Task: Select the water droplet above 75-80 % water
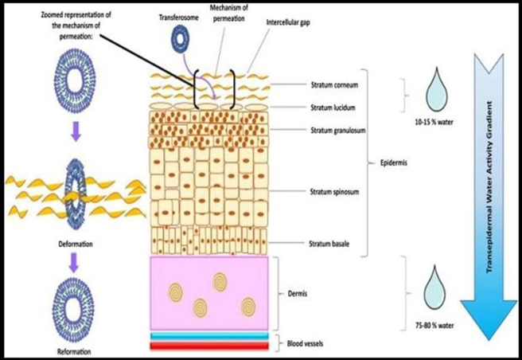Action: point(435,284)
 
